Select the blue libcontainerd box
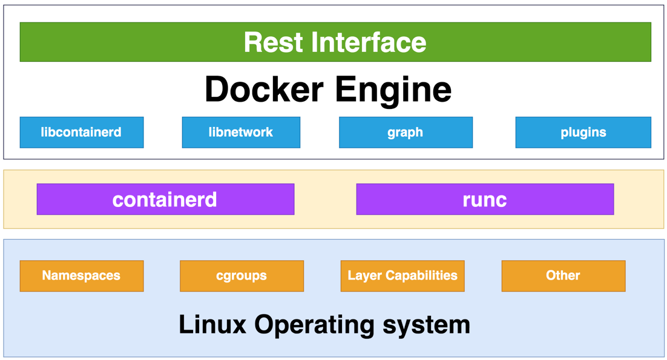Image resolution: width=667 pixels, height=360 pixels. click(82, 133)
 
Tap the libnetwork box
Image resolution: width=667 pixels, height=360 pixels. click(241, 133)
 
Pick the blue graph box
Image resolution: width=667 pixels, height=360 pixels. click(406, 133)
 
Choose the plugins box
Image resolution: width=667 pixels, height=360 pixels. click(583, 133)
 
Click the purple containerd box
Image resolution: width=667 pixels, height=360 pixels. click(165, 200)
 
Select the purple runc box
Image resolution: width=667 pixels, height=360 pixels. click(485, 200)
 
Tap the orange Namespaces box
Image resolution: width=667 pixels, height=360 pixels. click(82, 276)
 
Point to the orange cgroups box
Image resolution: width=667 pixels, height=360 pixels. click(241, 276)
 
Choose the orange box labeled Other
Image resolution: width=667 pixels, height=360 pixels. click(563, 276)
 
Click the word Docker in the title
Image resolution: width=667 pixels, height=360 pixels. click(263, 90)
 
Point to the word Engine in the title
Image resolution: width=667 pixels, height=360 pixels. click(393, 90)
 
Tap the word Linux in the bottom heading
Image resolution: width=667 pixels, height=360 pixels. click(212, 324)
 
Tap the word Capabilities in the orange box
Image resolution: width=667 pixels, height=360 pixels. click(419, 276)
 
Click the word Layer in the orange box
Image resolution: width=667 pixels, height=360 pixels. click(362, 276)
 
